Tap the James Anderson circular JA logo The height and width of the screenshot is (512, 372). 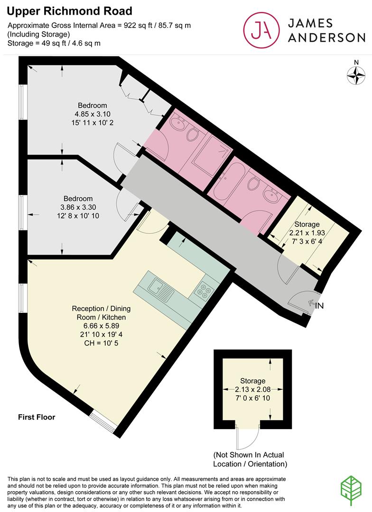(x=260, y=29)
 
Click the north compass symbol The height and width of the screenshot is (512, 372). (x=356, y=74)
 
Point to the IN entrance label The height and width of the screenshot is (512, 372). (x=319, y=306)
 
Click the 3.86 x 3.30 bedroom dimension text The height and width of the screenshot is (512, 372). (x=78, y=207)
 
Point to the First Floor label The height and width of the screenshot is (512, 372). (x=37, y=417)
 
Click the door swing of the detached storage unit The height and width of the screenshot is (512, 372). (x=247, y=437)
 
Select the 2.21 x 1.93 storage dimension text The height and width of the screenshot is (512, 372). (x=307, y=233)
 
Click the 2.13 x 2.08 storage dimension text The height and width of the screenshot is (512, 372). (x=252, y=389)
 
